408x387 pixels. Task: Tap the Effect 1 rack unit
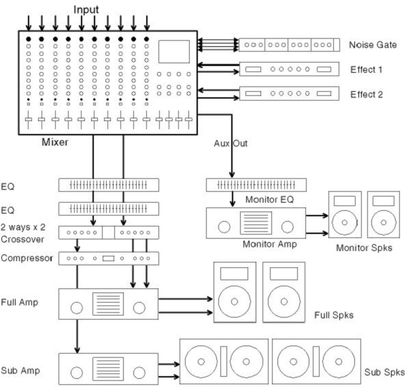(288, 69)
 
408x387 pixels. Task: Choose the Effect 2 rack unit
(288, 93)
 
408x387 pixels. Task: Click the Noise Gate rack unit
(288, 45)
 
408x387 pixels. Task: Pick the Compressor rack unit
(109, 258)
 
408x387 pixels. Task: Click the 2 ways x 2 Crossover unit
(109, 232)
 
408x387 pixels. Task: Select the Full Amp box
(109, 304)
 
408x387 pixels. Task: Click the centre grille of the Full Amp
(109, 304)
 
